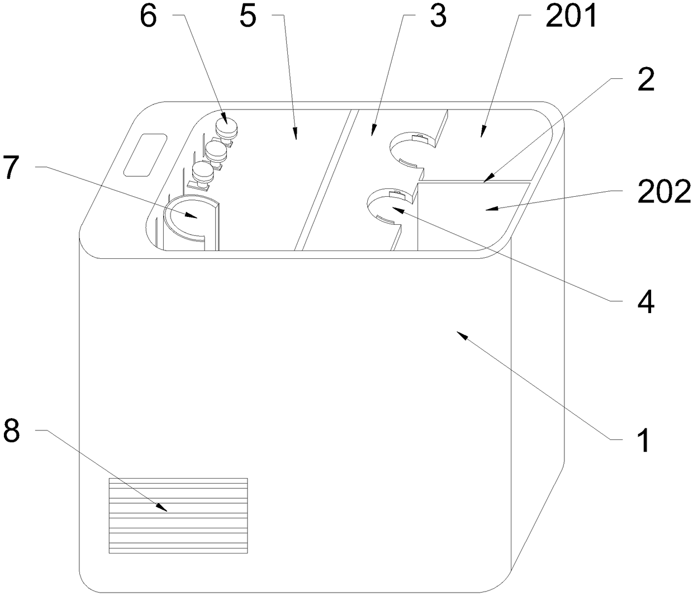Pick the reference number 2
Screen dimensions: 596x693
646,81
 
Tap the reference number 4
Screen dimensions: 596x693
646,302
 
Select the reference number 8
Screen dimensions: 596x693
12,431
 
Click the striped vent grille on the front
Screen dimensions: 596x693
178,515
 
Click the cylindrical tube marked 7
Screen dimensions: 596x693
187,224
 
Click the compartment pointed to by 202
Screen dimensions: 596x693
472,215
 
